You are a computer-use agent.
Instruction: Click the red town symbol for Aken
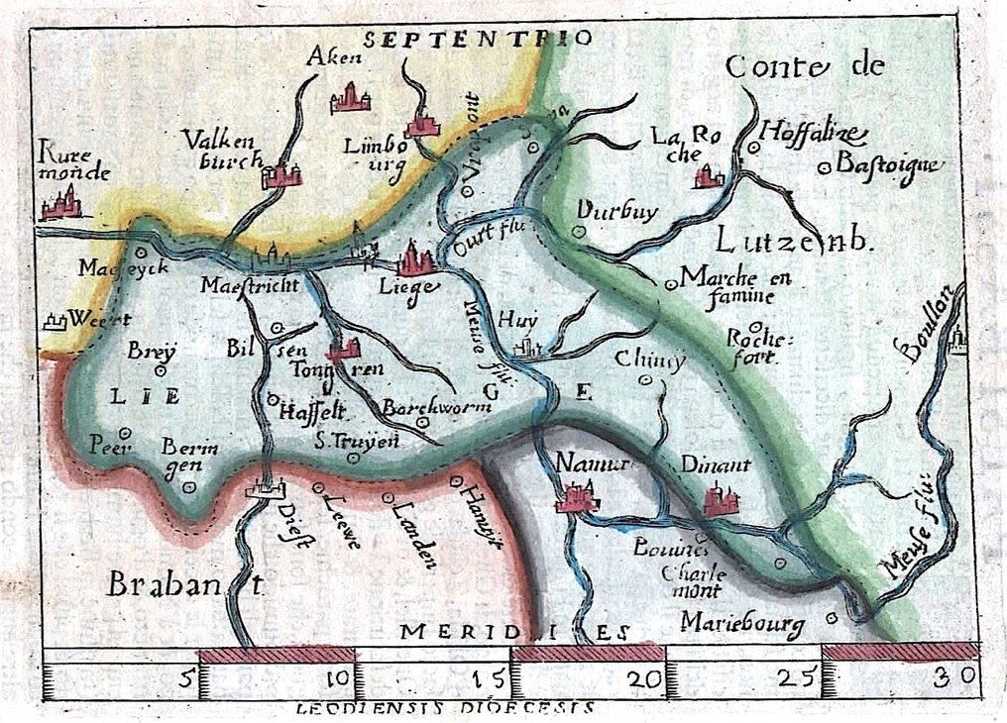[x=350, y=98]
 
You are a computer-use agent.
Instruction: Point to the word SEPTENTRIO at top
[x=478, y=40]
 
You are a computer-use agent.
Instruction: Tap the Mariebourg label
[x=742, y=622]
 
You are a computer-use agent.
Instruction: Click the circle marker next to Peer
[x=126, y=432]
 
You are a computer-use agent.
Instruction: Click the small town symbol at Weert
[x=56, y=320]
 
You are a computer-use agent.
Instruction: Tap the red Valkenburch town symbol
[x=280, y=175]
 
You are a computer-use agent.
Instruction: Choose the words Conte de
[x=803, y=67]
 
